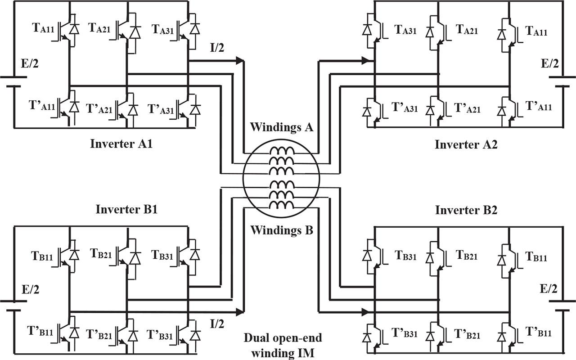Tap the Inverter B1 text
[126, 210]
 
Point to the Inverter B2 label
[466, 210]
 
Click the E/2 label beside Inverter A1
[28, 64]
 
